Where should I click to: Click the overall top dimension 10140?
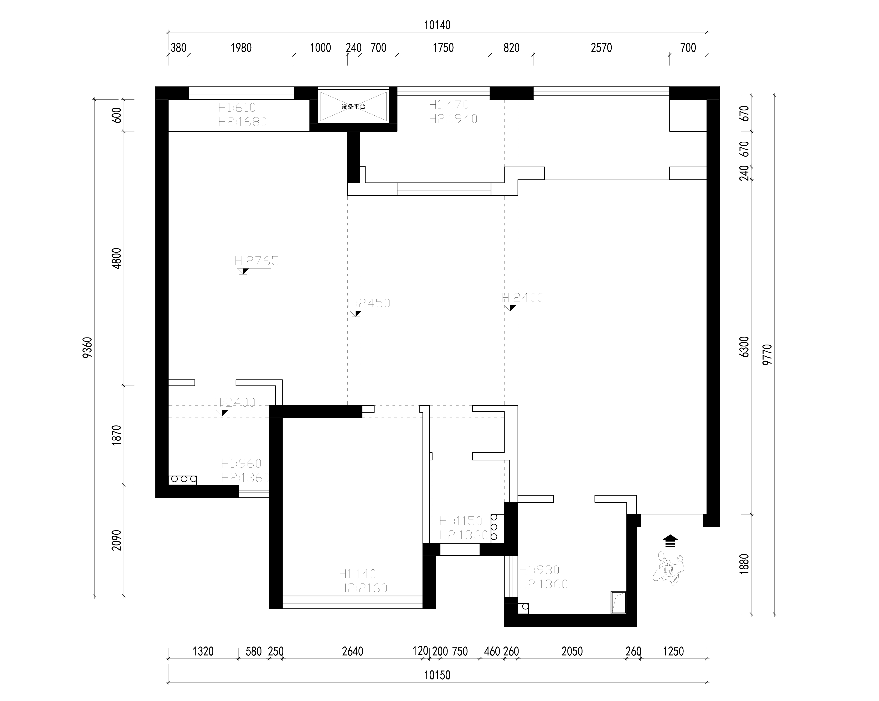437,25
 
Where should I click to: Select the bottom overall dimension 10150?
437,675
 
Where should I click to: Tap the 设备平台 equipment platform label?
353,107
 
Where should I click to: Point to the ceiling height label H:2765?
257,261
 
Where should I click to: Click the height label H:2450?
369,303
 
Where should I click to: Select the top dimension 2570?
601,48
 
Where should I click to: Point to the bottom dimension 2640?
353,651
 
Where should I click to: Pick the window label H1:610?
237,108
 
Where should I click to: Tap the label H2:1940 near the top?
453,119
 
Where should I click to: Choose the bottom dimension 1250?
673,651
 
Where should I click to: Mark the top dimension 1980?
241,48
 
